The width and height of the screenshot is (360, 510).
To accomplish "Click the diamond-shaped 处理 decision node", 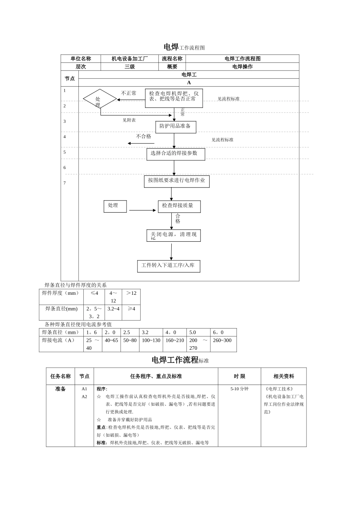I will (x=100, y=99).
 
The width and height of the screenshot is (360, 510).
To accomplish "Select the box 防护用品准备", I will (x=175, y=127).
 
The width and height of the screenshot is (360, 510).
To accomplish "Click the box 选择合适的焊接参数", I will (x=175, y=154).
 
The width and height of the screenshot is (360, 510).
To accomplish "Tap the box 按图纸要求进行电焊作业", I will (x=176, y=181).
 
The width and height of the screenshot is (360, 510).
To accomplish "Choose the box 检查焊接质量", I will (x=179, y=206).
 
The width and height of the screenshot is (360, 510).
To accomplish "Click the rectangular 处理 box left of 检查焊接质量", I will (x=115, y=206).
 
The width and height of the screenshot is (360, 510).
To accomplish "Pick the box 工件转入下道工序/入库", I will (x=168, y=266).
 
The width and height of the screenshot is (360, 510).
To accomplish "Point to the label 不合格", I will (x=144, y=136).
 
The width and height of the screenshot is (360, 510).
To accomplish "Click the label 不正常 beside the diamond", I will (x=128, y=93).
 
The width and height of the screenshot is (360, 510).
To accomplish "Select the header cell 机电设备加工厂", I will (x=130, y=59).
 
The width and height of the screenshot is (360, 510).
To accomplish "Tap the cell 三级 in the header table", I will (x=130, y=67).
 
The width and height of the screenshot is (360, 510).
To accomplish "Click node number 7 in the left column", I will (x=64, y=183).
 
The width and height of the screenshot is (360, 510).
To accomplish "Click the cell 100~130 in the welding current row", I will (x=151, y=340).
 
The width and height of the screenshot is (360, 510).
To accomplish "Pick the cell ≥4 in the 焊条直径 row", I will (x=131, y=309).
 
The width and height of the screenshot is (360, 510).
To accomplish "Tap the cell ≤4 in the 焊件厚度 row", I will (x=94, y=293).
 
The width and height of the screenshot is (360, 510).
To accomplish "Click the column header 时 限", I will (x=239, y=376).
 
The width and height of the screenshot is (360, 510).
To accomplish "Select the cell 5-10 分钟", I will (x=239, y=389).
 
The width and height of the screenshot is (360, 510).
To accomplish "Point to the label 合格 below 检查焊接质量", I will (x=178, y=219).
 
